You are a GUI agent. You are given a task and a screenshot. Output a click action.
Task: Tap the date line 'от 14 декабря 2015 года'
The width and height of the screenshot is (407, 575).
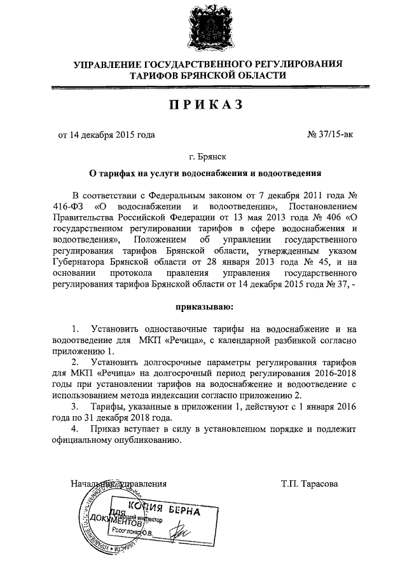106,135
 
